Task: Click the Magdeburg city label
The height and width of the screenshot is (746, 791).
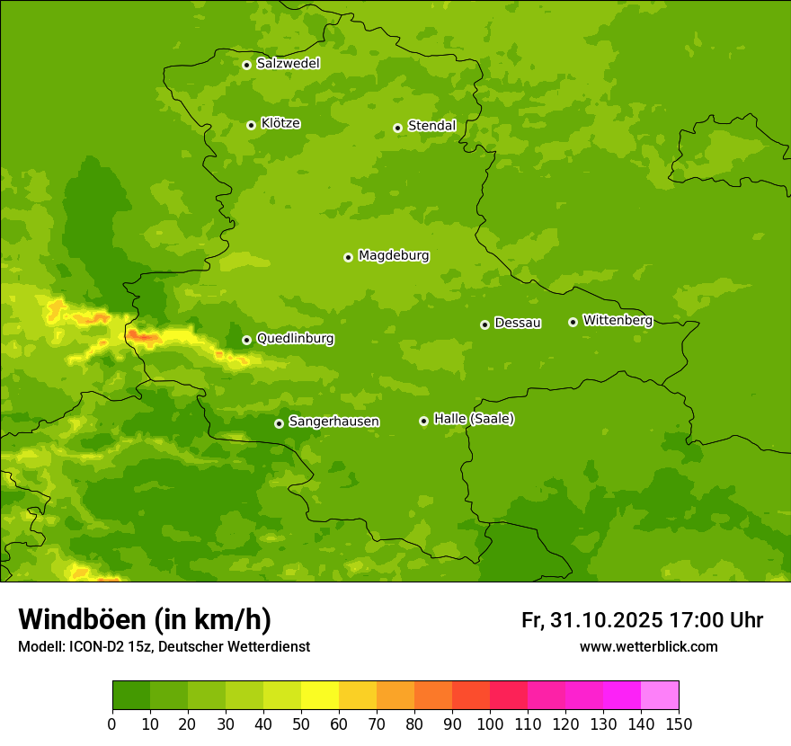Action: (394, 256)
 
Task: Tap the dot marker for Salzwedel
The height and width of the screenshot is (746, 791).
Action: (246, 65)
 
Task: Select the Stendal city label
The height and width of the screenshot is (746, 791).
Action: (431, 126)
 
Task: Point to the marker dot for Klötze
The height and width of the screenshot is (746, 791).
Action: (251, 125)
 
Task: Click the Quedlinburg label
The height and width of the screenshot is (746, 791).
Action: (295, 339)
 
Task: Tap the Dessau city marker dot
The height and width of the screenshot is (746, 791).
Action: (484, 324)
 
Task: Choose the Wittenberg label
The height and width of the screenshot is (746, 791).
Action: (618, 320)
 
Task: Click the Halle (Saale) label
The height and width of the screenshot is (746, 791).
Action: (474, 419)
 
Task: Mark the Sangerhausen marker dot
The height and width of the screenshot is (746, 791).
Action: (279, 423)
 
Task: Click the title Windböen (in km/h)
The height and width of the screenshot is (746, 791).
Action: (145, 619)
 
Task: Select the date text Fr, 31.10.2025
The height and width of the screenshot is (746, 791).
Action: (591, 620)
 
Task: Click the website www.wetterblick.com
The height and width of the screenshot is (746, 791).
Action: (648, 646)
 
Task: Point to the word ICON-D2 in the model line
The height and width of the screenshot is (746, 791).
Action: (94, 647)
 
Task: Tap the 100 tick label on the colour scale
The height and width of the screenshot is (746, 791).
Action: (490, 724)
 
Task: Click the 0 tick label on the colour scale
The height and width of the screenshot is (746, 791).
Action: (112, 724)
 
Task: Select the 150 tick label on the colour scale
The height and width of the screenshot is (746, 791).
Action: (679, 724)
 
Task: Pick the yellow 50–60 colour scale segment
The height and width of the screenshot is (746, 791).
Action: (320, 696)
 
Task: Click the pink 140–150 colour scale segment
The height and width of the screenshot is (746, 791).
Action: (660, 696)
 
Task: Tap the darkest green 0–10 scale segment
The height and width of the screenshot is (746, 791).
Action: (131, 696)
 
